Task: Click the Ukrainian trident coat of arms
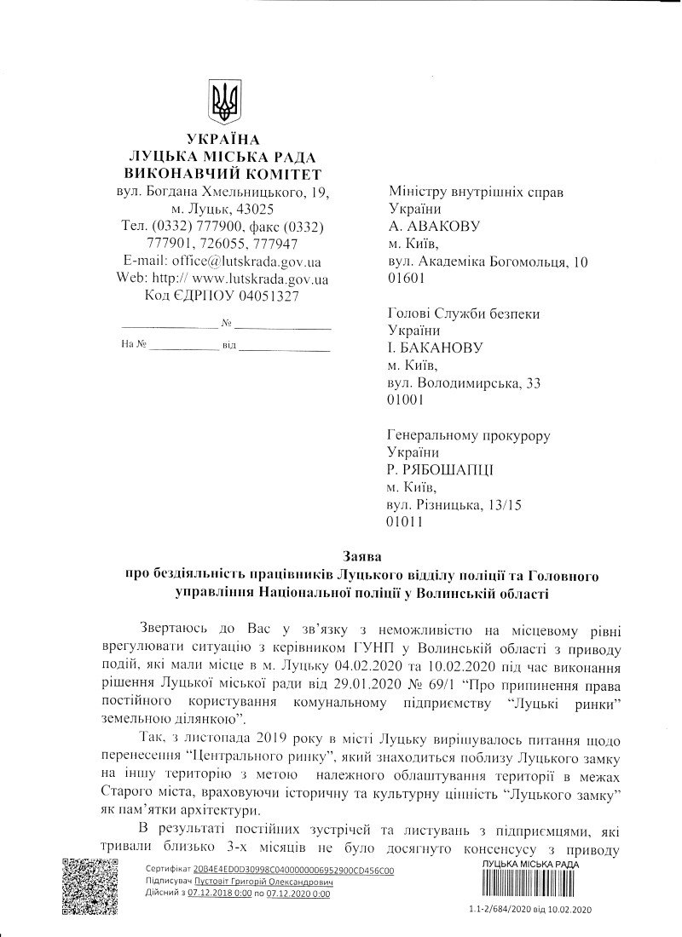pyautogui.click(x=224, y=102)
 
